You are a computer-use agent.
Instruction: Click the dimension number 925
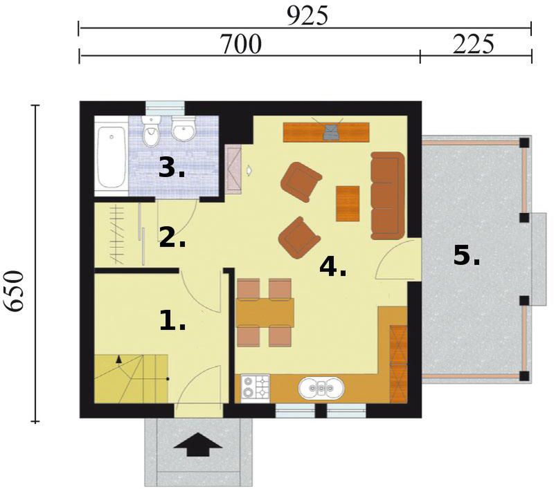[x=307, y=16]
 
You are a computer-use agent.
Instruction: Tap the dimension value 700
[x=240, y=44]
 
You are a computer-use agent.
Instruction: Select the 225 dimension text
[x=473, y=44]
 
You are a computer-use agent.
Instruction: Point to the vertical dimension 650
[x=15, y=291]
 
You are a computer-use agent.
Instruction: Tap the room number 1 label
[x=172, y=320]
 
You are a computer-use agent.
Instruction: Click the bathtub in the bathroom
[x=111, y=157]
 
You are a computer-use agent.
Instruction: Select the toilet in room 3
[x=151, y=131]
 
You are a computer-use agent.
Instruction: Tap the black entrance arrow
[x=198, y=445]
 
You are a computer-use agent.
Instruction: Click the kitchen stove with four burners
[x=256, y=389]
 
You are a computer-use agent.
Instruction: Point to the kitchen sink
[x=321, y=388]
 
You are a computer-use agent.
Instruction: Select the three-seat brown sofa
[x=387, y=196]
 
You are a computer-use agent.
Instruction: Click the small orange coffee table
[x=348, y=203]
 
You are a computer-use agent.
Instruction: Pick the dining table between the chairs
[x=265, y=313]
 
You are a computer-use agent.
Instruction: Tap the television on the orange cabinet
[x=332, y=131]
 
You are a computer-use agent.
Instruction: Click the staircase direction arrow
[x=118, y=359]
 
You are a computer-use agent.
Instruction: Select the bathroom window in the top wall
[x=166, y=108]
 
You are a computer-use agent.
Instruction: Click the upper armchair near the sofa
[x=301, y=182]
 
